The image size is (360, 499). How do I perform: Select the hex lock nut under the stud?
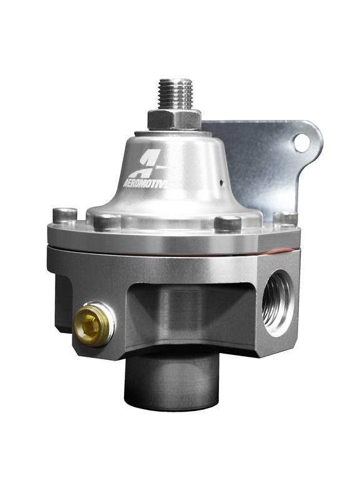(x=174, y=119)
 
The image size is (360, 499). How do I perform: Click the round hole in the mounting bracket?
(x=302, y=143)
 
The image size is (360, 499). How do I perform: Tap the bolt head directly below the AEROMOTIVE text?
(x=107, y=221)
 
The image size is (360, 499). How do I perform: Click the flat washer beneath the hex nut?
(x=174, y=130)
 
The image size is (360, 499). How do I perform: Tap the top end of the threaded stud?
(x=175, y=81)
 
